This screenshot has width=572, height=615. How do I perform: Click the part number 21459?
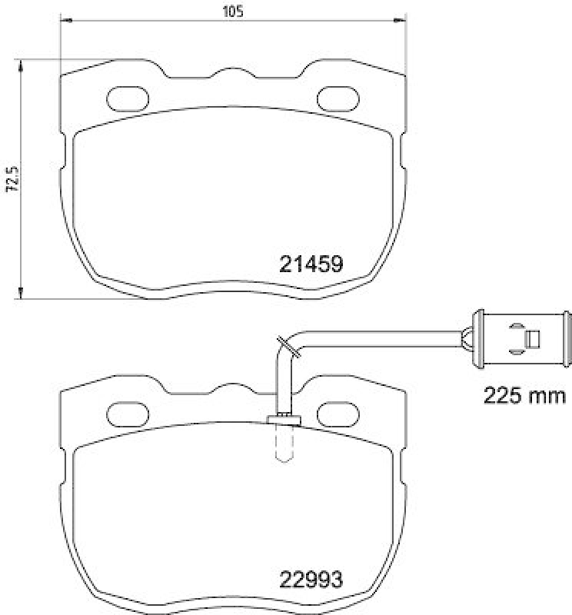click(x=309, y=264)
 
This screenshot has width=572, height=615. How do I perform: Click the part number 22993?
click(x=309, y=577)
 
